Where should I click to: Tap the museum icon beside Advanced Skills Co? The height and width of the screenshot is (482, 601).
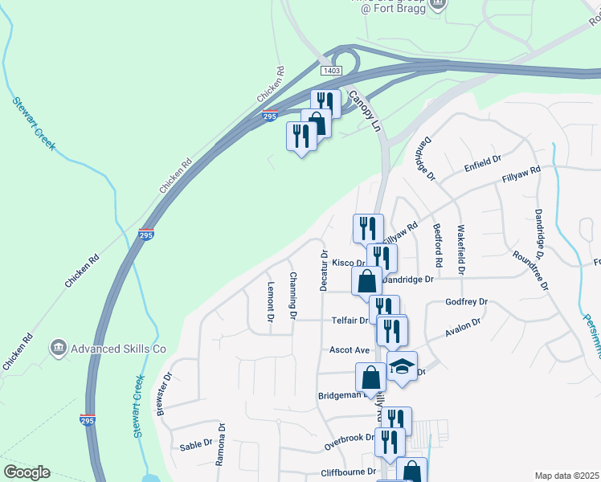point(58,348)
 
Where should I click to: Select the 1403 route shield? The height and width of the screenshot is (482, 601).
point(331,71)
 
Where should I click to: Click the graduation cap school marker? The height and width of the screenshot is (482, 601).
point(402,366)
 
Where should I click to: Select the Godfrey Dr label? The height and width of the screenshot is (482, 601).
point(466,302)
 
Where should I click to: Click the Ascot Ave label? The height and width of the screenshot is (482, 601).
point(350,350)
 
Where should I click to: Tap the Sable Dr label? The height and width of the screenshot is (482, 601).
point(195,445)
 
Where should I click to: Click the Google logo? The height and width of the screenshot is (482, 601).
point(27,472)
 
